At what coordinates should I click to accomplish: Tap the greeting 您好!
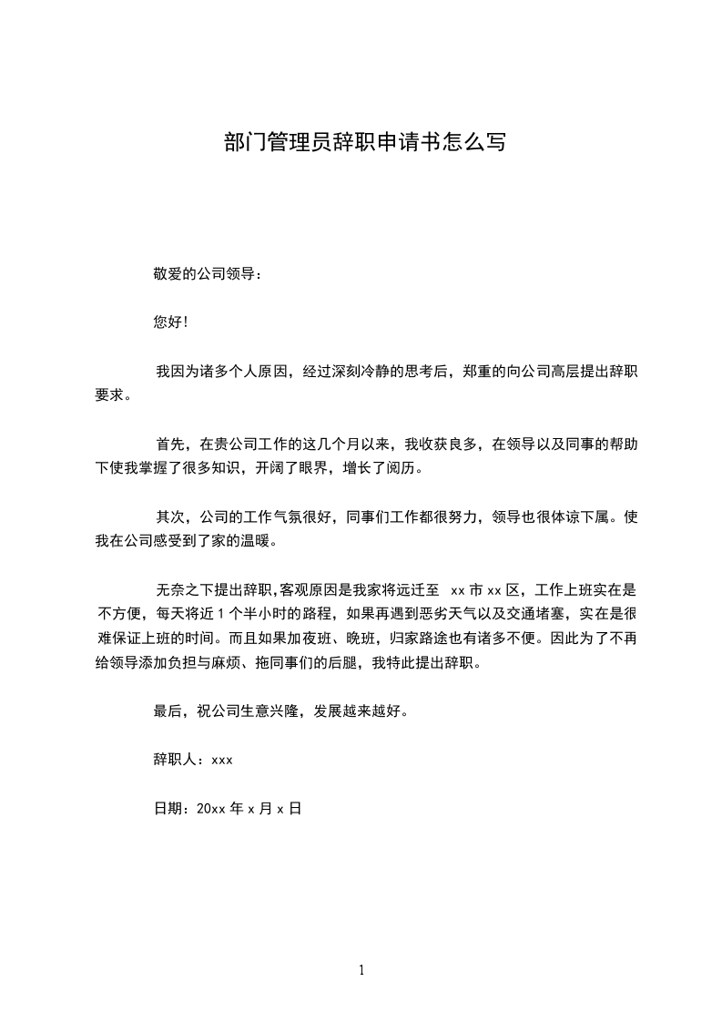[x=171, y=322]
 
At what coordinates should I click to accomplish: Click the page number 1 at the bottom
[x=361, y=970]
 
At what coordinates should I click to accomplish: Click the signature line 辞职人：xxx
[x=193, y=759]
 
